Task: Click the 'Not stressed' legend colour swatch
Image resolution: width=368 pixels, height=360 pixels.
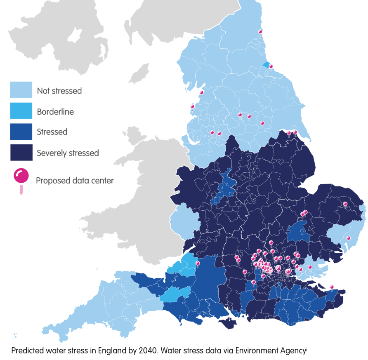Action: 21,90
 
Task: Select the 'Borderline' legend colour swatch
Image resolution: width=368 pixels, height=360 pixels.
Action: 21,111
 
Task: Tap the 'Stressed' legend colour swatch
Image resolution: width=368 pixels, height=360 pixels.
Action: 21,132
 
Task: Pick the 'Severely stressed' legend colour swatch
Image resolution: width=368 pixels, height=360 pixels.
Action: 21,153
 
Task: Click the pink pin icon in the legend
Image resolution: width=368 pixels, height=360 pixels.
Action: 21,177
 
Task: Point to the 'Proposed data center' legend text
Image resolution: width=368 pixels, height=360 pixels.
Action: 75,181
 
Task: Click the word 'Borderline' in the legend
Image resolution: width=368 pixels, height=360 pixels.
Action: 55,111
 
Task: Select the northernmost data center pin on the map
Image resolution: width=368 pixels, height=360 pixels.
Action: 260,32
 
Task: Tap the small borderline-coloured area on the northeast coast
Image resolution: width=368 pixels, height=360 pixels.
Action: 266,65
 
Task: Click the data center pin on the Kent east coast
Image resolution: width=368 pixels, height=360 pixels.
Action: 332,287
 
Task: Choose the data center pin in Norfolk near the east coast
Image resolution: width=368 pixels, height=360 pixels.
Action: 345,204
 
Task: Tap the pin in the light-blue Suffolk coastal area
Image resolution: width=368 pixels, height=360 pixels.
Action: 348,238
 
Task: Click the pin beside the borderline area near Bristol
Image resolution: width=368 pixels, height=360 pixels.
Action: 198,264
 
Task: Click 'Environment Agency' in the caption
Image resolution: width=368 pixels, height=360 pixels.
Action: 271,351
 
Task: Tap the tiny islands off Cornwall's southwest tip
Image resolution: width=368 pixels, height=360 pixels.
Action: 15,335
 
